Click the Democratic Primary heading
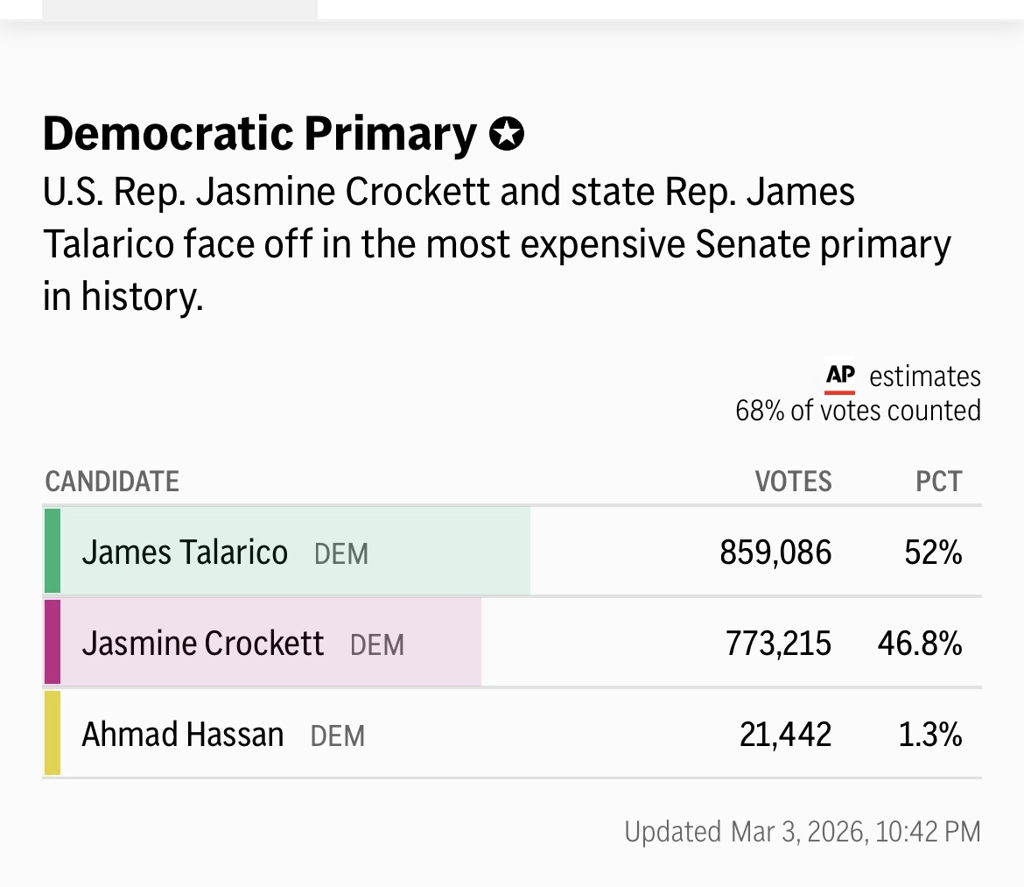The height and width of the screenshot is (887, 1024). (x=259, y=134)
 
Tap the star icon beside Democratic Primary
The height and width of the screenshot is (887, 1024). (x=506, y=135)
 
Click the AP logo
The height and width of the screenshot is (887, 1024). (x=840, y=377)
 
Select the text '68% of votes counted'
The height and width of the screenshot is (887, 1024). (x=858, y=411)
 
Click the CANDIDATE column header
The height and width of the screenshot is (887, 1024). (x=112, y=481)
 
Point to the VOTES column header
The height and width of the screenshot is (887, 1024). (x=793, y=481)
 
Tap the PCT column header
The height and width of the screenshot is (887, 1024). (x=938, y=481)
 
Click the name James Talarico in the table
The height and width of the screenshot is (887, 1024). (x=185, y=553)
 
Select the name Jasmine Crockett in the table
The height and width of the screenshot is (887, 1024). (x=203, y=644)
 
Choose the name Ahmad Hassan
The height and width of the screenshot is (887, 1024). (x=183, y=734)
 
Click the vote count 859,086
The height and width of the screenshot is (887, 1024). (x=775, y=553)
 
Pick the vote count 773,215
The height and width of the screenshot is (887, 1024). (x=778, y=644)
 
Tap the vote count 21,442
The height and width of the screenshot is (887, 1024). (x=785, y=734)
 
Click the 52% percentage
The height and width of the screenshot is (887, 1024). (x=933, y=553)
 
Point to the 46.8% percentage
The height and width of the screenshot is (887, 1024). (x=919, y=644)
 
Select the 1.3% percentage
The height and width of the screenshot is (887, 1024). (x=929, y=734)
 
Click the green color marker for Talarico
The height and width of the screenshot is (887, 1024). (x=53, y=552)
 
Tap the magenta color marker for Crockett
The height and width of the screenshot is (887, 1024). (x=53, y=642)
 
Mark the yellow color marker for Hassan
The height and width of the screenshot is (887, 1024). (x=53, y=733)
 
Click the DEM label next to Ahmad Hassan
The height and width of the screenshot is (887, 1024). (x=337, y=736)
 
